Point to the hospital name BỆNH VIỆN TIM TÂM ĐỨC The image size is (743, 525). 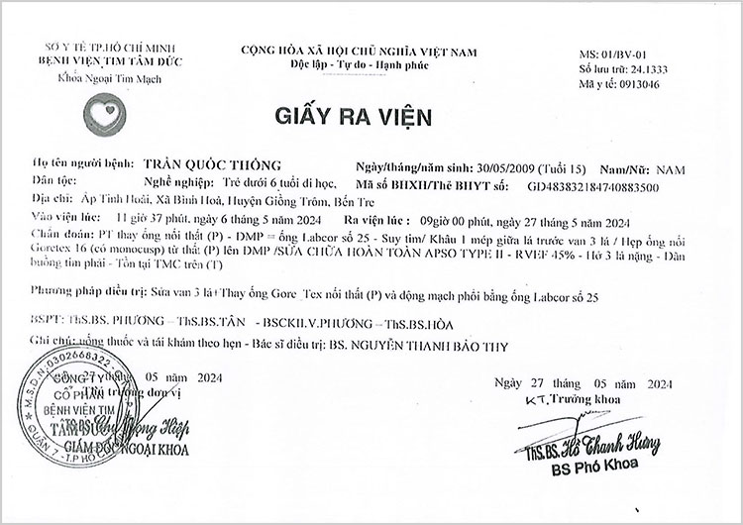(x=96, y=62)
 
